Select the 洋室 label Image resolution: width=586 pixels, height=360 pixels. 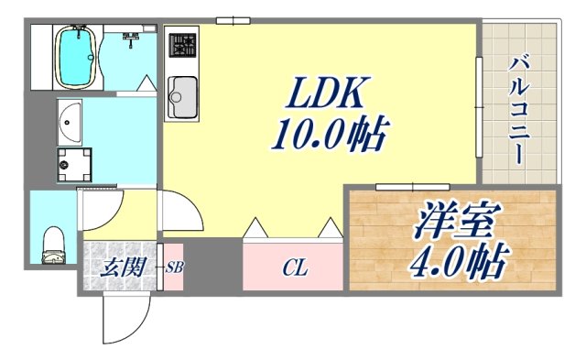click(x=456, y=224)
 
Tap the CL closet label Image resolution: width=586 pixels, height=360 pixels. click(x=294, y=267)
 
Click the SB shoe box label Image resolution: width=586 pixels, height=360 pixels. click(x=173, y=268)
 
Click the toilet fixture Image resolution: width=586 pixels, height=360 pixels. click(x=54, y=244)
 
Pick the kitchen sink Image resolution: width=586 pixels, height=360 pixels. click(x=182, y=94)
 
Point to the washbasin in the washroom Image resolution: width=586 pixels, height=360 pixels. click(x=70, y=120)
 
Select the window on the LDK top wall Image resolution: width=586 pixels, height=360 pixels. click(x=233, y=19)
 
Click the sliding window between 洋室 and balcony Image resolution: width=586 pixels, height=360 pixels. click(x=400, y=187)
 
